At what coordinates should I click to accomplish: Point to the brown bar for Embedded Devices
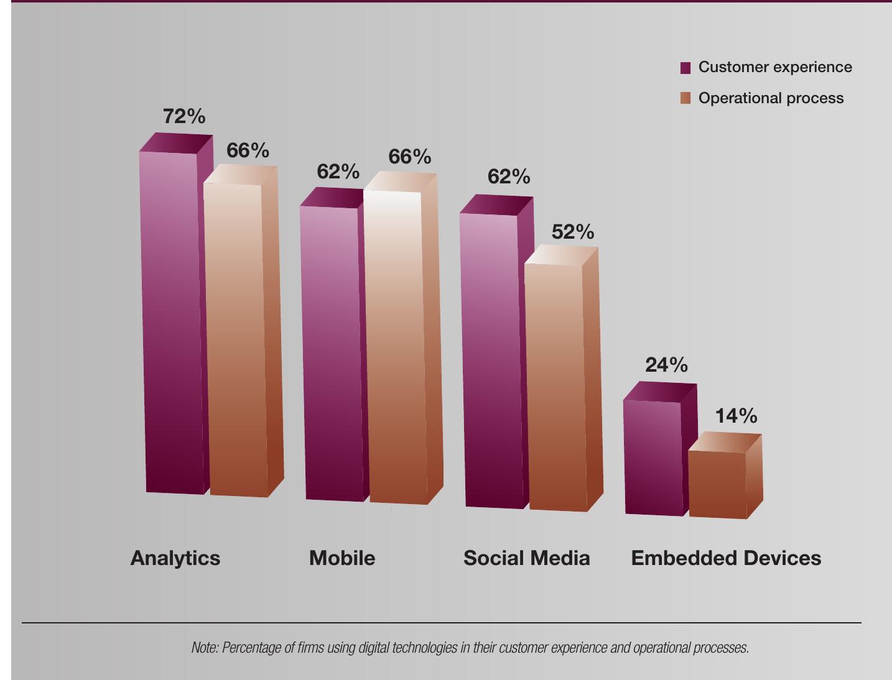pos(718,485)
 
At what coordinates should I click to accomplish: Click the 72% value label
pos(184,116)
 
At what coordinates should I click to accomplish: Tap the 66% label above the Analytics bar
pos(248,150)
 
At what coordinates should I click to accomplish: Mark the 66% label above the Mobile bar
pos(409,157)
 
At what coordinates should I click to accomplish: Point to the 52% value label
pos(572,232)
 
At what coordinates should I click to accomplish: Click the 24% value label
pos(666,365)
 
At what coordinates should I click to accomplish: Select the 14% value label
pos(736,416)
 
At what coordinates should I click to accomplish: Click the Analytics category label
pos(175,558)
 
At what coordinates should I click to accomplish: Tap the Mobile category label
pos(342,558)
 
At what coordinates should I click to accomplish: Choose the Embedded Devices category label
pos(726,558)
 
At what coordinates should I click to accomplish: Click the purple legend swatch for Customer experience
pos(685,68)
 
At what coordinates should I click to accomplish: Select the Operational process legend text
pos(771,98)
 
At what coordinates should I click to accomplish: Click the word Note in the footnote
pos(205,648)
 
